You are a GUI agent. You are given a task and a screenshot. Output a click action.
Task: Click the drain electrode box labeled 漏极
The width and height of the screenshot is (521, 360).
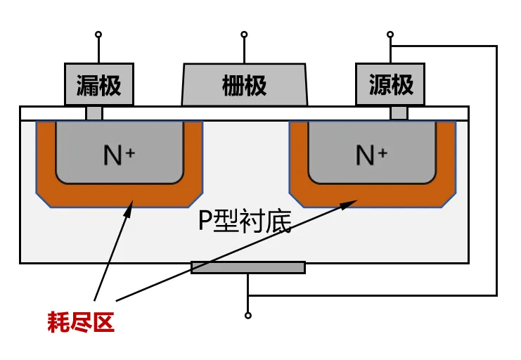tap(99, 84)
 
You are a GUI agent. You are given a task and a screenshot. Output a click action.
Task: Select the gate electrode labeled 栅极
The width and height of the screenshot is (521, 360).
tap(245, 85)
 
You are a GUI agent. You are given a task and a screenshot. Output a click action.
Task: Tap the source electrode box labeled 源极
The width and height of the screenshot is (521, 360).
tap(390, 84)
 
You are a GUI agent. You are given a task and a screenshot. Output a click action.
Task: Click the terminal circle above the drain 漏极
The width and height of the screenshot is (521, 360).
tap(98, 34)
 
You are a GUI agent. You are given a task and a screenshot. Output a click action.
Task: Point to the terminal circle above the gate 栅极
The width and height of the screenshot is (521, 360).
tap(244, 34)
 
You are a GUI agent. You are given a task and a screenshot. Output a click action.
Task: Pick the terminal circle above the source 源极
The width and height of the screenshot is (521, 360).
tap(390, 34)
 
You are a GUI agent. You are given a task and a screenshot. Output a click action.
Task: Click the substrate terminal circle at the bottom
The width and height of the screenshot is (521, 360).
tap(248, 316)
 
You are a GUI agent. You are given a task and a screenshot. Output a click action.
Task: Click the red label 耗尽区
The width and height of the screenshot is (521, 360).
tap(81, 322)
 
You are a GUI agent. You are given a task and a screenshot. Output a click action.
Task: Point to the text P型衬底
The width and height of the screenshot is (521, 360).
tap(245, 221)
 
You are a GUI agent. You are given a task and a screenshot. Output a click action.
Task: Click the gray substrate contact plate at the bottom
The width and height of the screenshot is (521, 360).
tap(248, 268)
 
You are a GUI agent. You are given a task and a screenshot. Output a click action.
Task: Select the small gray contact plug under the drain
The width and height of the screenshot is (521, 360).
tap(94, 113)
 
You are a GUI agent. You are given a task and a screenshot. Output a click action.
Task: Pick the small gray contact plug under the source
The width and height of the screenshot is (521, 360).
tap(399, 113)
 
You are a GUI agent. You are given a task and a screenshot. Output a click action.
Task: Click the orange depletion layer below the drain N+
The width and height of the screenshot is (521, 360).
tap(120, 195)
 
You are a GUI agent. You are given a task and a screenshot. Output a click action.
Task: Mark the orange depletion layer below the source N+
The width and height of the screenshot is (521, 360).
tap(372, 195)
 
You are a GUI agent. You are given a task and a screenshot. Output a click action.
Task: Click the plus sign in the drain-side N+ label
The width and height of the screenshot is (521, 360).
tap(130, 153)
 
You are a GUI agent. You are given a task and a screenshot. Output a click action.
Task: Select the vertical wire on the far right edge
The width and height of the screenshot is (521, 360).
tap(497, 171)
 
